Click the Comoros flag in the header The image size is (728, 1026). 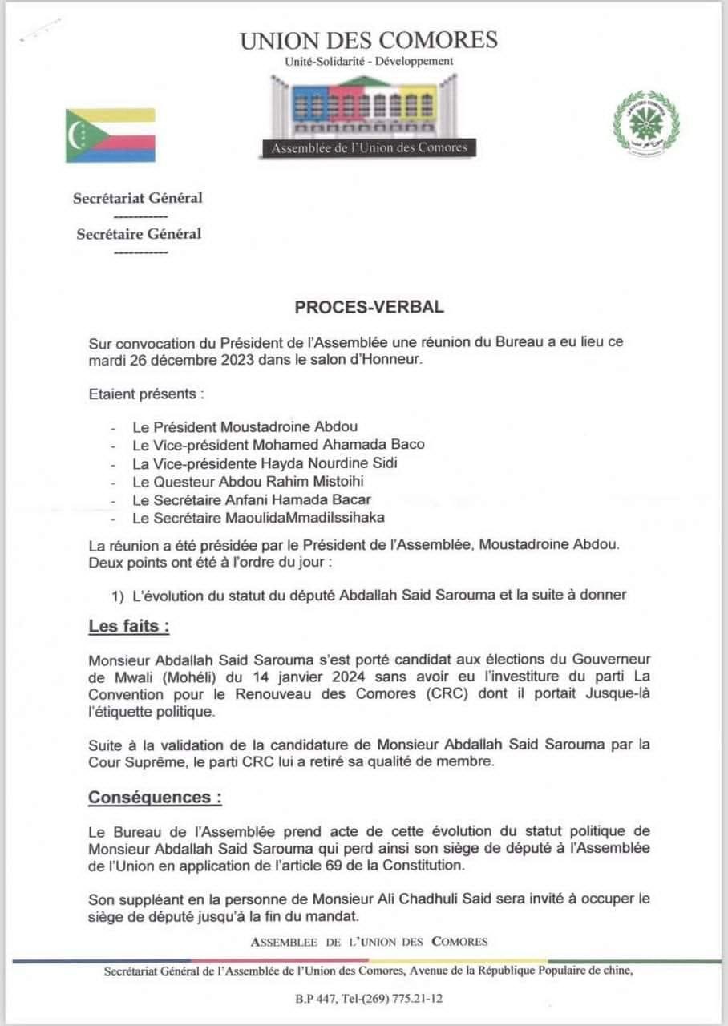click(x=111, y=135)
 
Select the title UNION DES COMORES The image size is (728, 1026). click(x=369, y=40)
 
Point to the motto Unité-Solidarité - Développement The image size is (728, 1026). click(x=369, y=61)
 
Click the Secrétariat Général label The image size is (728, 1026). click(x=138, y=199)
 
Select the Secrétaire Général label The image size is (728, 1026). click(x=139, y=235)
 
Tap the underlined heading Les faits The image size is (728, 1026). click(x=128, y=627)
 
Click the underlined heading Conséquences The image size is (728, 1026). click(x=154, y=798)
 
